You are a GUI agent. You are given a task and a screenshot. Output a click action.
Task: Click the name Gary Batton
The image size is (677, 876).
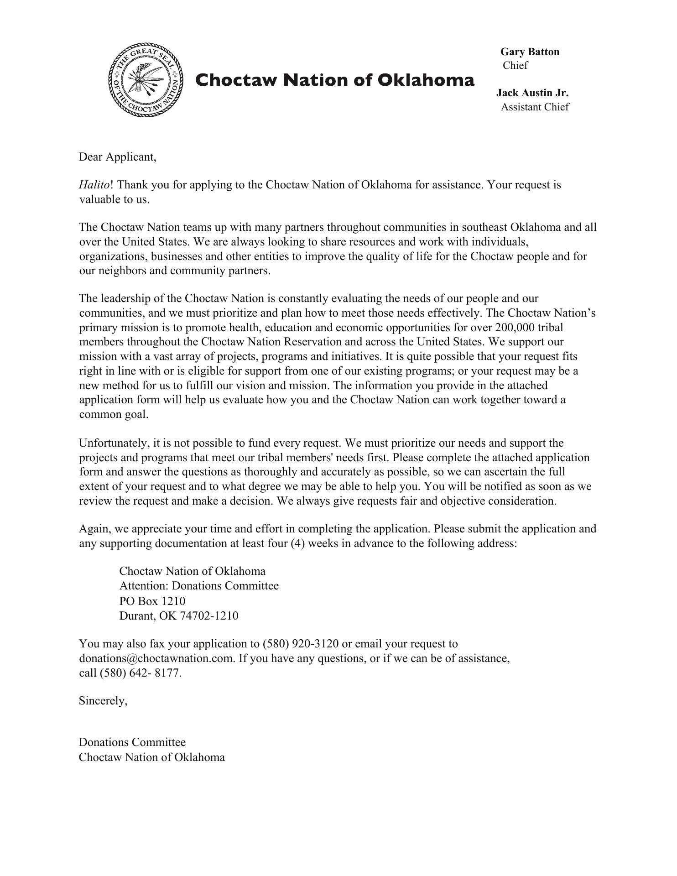click(x=530, y=52)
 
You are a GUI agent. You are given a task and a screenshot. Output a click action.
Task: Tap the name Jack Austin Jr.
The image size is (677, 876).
click(x=532, y=93)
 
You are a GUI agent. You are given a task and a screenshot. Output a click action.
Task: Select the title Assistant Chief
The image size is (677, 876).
click(x=535, y=107)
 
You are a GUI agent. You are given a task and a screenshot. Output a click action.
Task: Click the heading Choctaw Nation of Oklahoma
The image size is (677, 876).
click(x=335, y=80)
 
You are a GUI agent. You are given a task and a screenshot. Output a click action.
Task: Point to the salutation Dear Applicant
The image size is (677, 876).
click(x=118, y=157)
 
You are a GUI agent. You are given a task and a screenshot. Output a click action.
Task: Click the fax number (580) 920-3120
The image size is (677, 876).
click(x=301, y=644)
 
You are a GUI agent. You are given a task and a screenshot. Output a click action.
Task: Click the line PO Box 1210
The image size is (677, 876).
click(x=152, y=601)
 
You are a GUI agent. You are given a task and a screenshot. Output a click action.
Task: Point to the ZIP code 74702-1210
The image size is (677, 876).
click(x=209, y=616)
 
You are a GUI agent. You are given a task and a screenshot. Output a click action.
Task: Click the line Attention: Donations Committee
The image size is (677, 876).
click(x=199, y=586)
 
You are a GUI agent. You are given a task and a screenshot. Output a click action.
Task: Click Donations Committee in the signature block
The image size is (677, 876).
click(x=132, y=742)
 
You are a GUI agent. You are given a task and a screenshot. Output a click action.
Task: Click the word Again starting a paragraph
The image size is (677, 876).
click(x=95, y=529)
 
